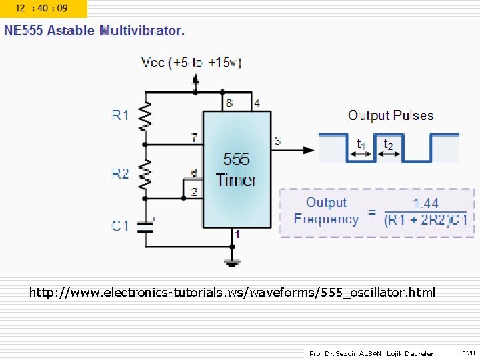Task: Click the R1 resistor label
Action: click(120, 115)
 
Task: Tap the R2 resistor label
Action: click(120, 174)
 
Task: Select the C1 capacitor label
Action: click(120, 226)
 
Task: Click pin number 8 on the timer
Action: click(229, 103)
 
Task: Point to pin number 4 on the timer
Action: click(257, 103)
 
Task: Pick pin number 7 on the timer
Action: click(194, 138)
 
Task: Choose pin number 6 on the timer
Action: click(194, 173)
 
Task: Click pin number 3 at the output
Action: click(277, 141)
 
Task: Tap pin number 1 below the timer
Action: click(237, 235)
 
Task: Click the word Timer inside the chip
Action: click(236, 180)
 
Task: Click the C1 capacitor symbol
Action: click(145, 226)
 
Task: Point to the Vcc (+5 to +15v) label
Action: click(191, 63)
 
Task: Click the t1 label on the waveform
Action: click(361, 144)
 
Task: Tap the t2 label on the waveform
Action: click(388, 144)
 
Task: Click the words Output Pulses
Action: click(391, 115)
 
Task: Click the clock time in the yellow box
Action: click(41, 9)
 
